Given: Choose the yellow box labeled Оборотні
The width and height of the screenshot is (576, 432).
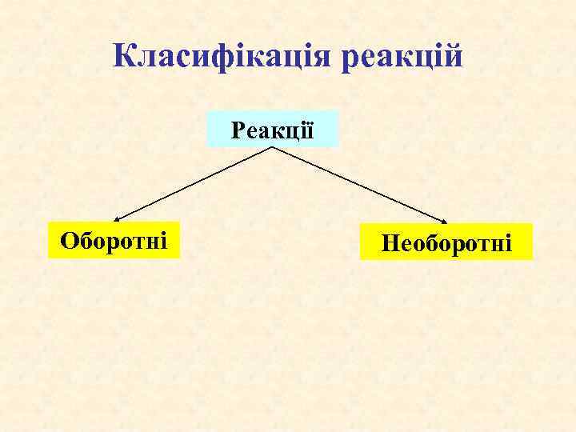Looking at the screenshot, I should (x=114, y=238).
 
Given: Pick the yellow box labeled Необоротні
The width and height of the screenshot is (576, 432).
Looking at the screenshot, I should (x=446, y=242).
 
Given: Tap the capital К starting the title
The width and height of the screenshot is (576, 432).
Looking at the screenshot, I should (x=124, y=55).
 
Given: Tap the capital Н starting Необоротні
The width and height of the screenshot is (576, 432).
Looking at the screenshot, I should (x=390, y=242).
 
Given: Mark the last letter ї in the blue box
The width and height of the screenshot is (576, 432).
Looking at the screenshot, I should (x=308, y=129).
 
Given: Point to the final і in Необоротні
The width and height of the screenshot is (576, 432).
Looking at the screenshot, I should (x=507, y=242).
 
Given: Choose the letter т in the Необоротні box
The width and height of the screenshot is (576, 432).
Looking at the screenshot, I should (x=482, y=243).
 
